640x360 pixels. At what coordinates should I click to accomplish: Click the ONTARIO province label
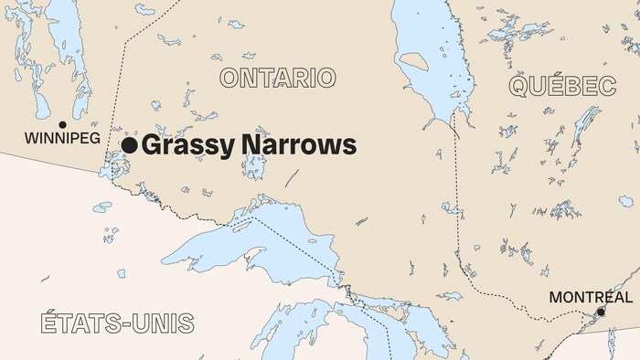277,78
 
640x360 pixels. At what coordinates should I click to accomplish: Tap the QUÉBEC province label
561,87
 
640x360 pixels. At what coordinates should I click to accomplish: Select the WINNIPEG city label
62,140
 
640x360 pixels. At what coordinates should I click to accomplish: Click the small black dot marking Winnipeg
62,124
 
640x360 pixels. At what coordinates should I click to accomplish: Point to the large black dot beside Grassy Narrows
130,144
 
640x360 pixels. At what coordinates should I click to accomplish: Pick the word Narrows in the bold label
295,144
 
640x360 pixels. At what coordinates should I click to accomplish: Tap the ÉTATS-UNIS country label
117,323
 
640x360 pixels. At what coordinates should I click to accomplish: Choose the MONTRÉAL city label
590,297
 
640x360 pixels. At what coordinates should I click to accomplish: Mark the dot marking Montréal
601,312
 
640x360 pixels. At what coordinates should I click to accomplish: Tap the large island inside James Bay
413,62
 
